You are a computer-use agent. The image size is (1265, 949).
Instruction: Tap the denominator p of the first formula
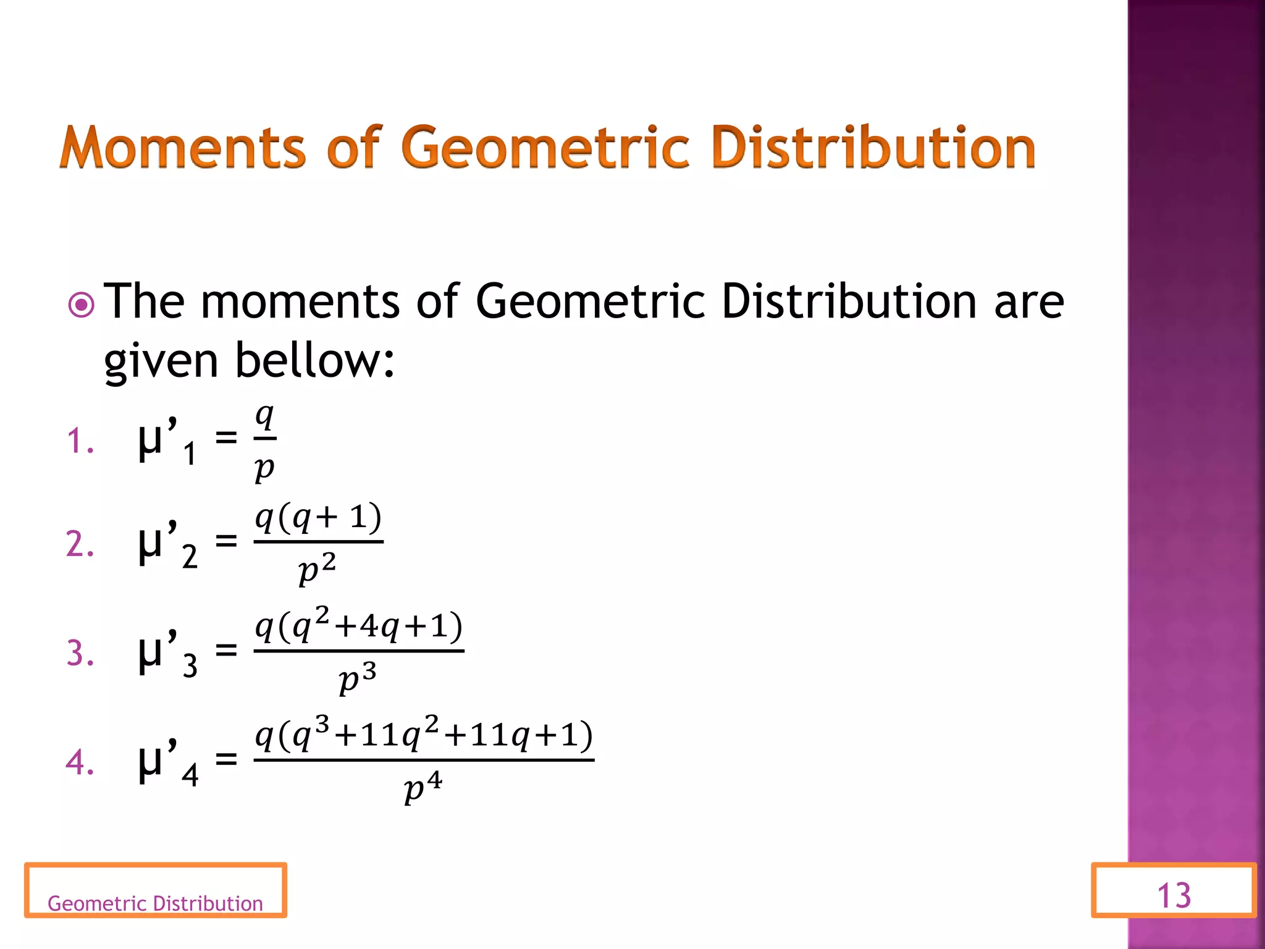coord(264,468)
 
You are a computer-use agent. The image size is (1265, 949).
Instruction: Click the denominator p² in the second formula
coord(317,569)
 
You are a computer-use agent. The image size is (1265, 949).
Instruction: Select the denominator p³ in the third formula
coord(358,678)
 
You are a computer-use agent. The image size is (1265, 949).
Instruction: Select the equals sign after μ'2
coord(226,542)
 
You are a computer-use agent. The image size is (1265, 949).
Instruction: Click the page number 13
coord(1174,895)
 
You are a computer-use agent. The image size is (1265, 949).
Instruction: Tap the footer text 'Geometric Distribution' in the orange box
coord(155,903)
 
